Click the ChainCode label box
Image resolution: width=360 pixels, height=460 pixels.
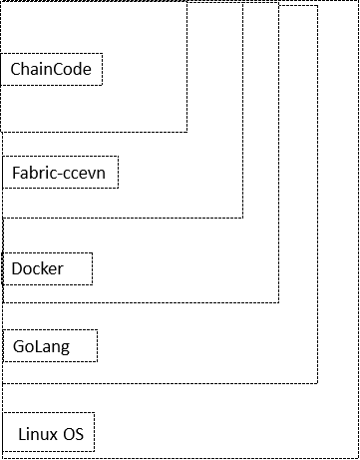click(52, 70)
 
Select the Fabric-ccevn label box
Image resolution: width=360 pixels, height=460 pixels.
click(60, 173)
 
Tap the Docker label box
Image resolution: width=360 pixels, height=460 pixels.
click(48, 269)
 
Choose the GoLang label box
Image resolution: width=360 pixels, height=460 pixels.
click(50, 346)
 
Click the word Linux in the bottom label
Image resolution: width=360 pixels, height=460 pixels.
click(38, 435)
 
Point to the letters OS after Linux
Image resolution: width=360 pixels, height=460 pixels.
click(73, 435)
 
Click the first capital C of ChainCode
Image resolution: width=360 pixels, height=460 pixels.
click(16, 71)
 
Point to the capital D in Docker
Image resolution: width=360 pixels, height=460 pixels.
click(17, 269)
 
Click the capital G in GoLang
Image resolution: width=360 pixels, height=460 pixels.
click(18, 347)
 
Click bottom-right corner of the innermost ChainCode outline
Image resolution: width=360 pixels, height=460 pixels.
click(186, 131)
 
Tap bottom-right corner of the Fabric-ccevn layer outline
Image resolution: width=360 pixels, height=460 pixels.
click(242, 217)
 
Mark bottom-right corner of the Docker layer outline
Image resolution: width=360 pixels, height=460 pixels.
click(278, 301)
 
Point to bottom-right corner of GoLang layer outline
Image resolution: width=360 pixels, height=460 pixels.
click(317, 382)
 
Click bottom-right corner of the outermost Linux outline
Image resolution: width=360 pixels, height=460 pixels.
click(357, 457)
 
